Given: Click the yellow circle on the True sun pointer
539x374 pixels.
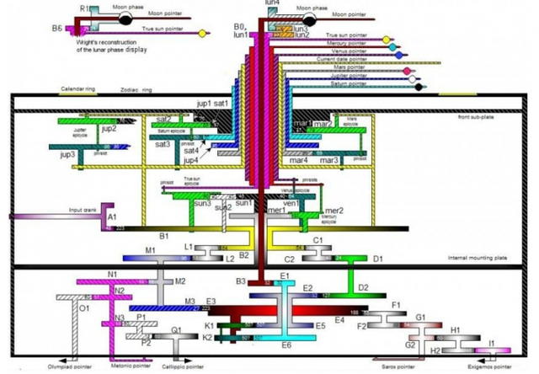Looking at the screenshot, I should (x=387, y=40).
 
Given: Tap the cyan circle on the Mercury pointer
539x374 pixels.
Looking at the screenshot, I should (x=398, y=48).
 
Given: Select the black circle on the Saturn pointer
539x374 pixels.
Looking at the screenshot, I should (x=419, y=85).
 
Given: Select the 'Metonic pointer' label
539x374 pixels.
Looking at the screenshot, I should (x=130, y=368).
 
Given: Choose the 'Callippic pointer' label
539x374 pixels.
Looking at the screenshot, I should (x=183, y=368).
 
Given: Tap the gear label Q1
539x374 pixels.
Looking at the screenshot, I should (x=176, y=330).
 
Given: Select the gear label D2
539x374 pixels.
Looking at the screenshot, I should (x=364, y=288).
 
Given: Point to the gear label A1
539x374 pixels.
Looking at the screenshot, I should (x=110, y=216).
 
